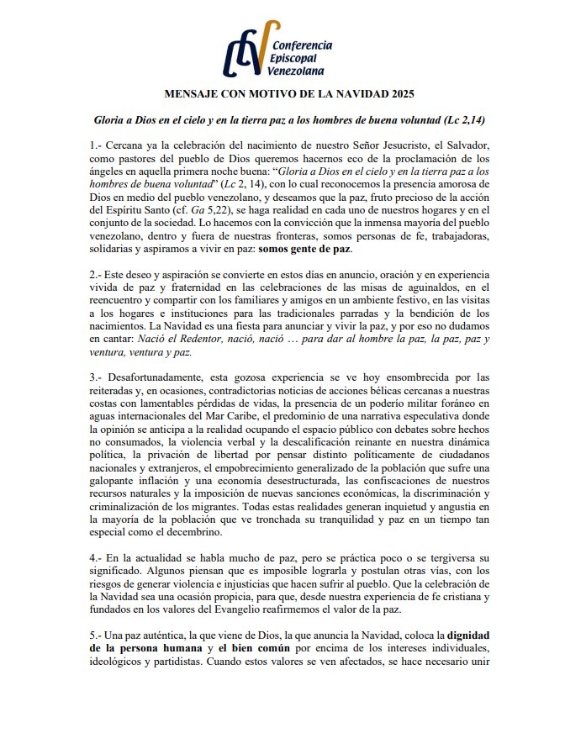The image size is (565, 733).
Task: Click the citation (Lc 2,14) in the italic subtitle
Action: point(467,120)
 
